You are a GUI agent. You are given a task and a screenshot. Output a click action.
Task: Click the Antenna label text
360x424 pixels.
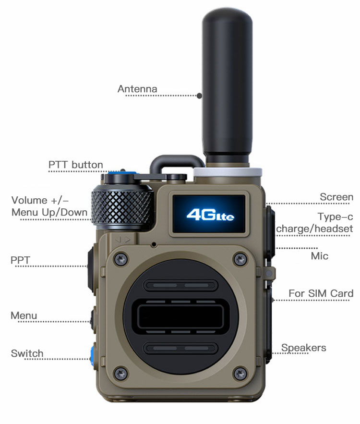coord(137,89)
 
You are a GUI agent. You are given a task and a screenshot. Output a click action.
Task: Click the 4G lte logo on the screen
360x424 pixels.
coord(210,215)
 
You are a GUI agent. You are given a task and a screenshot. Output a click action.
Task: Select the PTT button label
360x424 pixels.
coord(76,165)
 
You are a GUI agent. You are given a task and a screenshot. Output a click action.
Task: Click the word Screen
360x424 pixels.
coord(336,197)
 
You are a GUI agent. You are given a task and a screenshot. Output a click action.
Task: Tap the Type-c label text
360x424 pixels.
coord(336,217)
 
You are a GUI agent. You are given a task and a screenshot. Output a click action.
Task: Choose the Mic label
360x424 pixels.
coord(320,256)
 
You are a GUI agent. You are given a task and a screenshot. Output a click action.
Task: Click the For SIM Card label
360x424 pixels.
coord(321,293)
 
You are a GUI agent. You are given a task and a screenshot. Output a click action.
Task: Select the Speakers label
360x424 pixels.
coord(303,348)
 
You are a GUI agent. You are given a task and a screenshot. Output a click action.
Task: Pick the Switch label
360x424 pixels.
coord(27,353)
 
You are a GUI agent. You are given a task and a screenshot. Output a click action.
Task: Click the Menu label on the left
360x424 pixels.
coord(24,315)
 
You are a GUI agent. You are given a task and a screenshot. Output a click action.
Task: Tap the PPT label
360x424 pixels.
coord(20,260)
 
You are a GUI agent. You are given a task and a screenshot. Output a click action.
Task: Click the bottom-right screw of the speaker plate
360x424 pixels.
coord(240,374)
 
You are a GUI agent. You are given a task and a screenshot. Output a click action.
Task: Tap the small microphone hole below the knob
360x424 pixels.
coord(154,245)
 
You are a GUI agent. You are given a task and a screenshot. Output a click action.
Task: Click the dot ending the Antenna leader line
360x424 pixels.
coord(200,96)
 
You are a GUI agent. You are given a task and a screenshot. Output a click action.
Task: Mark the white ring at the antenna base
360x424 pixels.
coord(228,172)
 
